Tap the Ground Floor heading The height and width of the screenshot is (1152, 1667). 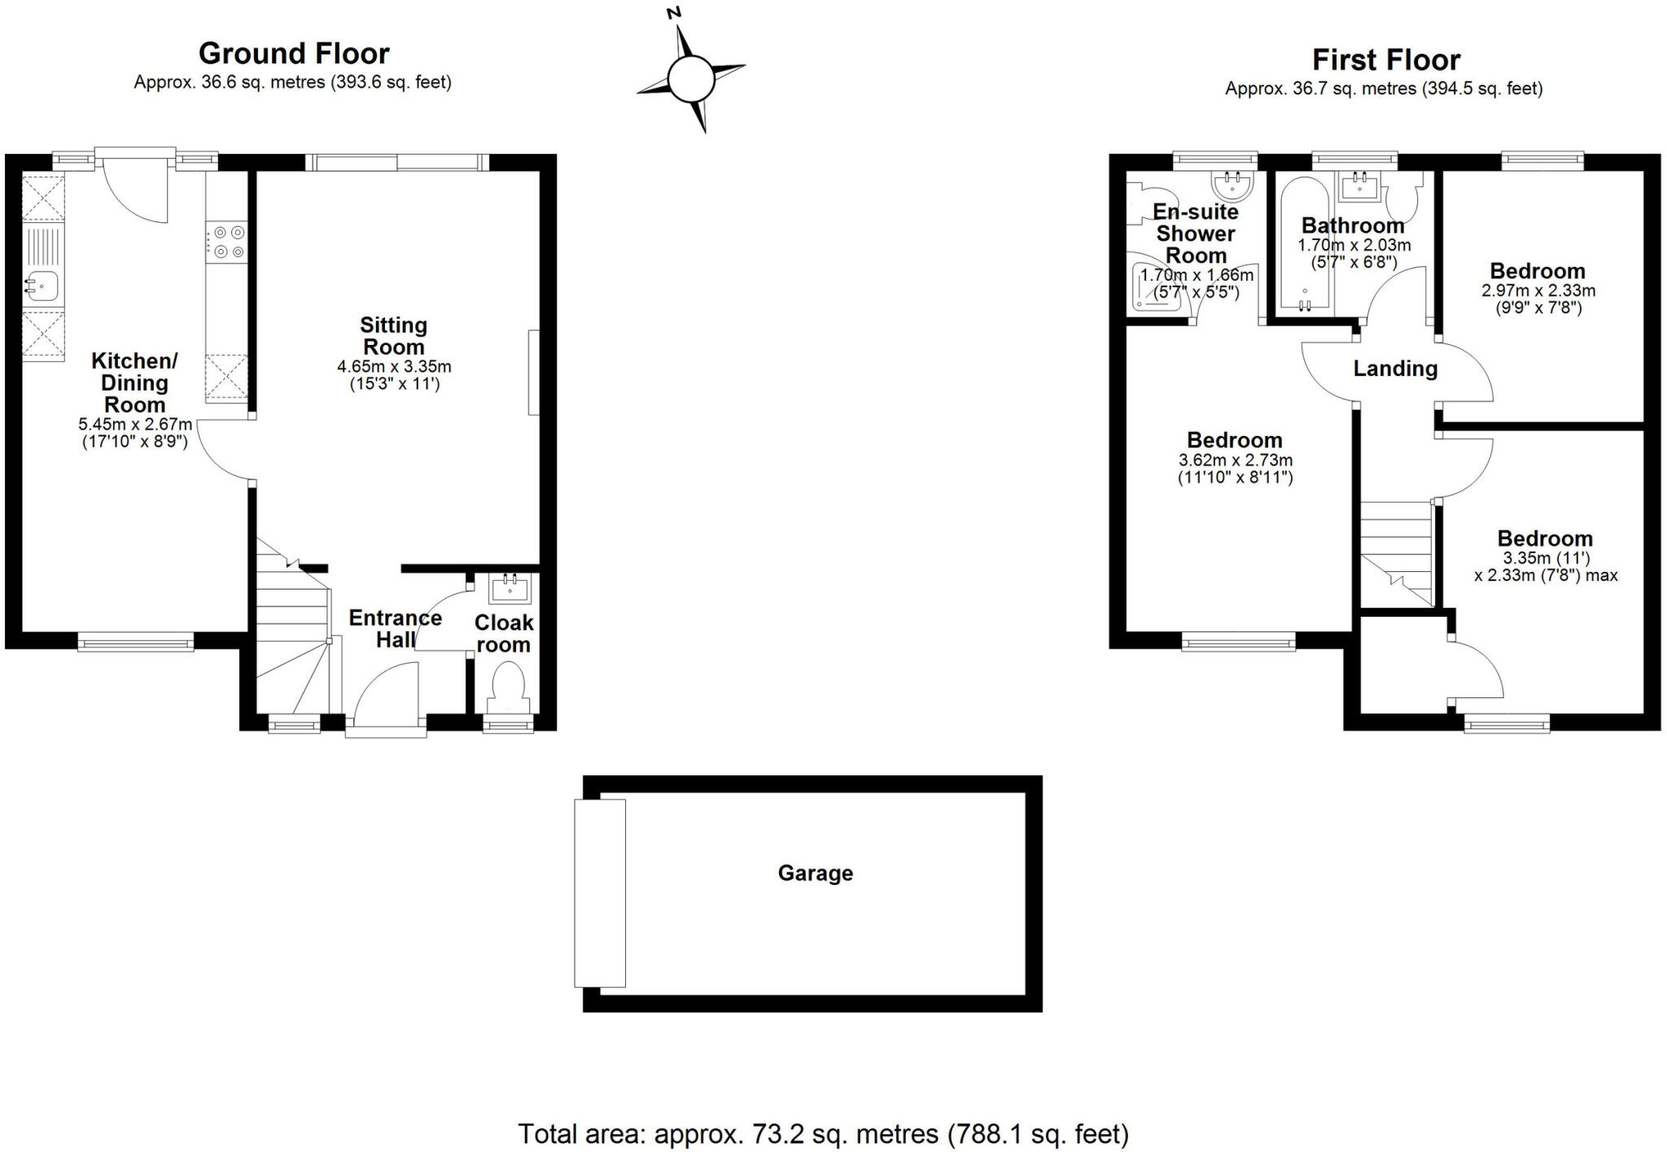coord(294,54)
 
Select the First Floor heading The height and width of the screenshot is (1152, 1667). coord(1385,60)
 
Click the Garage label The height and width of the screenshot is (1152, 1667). coord(815,873)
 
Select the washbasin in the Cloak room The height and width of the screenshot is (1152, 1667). coord(511,587)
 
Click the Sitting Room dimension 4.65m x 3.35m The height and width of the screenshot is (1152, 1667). coord(394,367)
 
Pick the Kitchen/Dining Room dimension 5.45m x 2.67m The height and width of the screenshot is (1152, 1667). coord(135,424)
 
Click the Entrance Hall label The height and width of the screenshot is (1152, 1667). coord(395,628)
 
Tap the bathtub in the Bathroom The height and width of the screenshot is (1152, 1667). coord(1304,244)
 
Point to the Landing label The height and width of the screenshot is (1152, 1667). coord(1394,369)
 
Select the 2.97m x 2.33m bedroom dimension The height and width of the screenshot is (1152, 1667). coord(1538,290)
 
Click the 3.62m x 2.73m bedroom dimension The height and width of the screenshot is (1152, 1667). coord(1235,460)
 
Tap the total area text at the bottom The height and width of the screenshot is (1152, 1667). coord(823,1133)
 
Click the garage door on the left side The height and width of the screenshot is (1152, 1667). coord(600,892)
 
